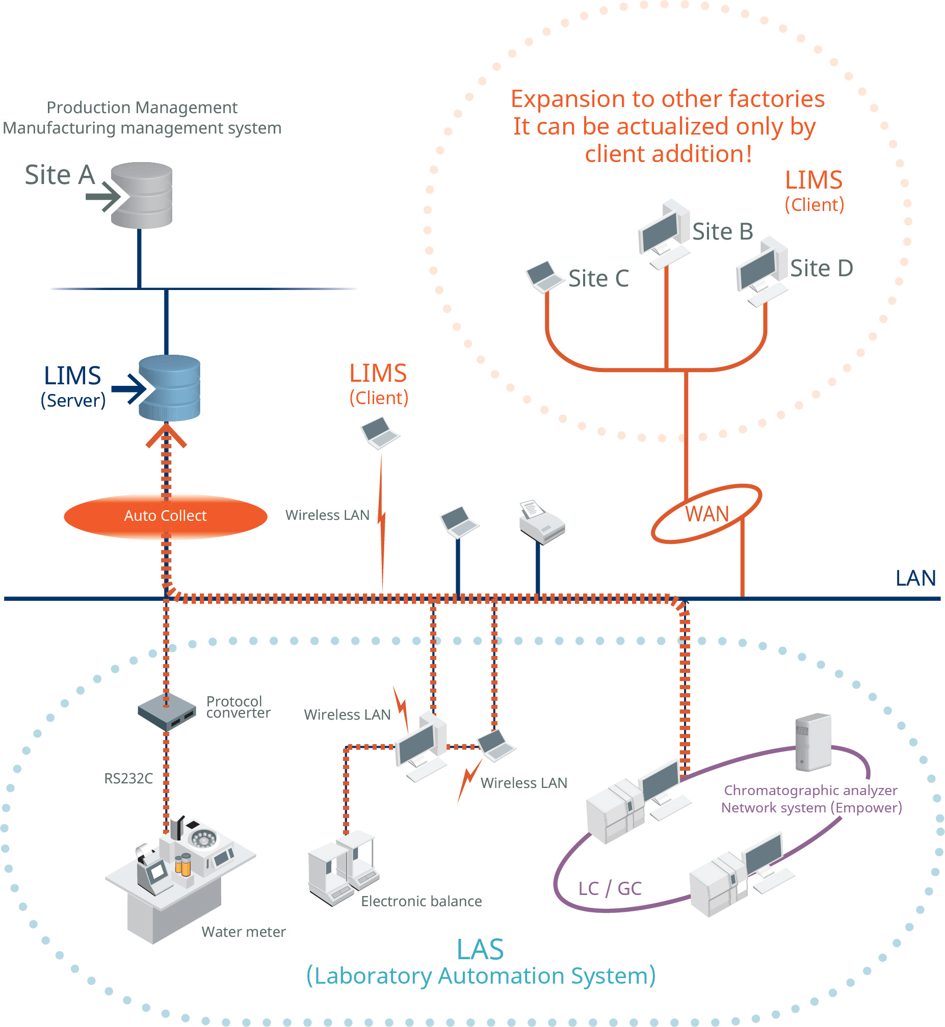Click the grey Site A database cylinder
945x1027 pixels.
(x=142, y=195)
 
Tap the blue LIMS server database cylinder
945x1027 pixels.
(x=169, y=388)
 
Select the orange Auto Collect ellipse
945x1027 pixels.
(x=165, y=516)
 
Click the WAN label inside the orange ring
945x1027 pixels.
(x=706, y=514)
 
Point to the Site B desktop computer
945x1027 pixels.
(x=664, y=233)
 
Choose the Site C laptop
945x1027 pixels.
(x=544, y=277)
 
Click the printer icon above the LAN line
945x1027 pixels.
(x=541, y=522)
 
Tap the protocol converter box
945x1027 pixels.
(x=167, y=710)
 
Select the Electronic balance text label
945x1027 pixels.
(x=422, y=901)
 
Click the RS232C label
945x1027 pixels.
(x=128, y=779)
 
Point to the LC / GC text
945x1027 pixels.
(x=610, y=889)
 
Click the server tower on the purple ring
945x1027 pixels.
(x=812, y=742)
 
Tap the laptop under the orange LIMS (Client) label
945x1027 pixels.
(x=380, y=433)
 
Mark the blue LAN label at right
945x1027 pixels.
(x=915, y=578)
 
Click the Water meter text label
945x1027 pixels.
(x=244, y=932)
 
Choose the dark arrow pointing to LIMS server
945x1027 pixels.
(x=129, y=389)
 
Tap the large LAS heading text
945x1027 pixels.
(x=480, y=950)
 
